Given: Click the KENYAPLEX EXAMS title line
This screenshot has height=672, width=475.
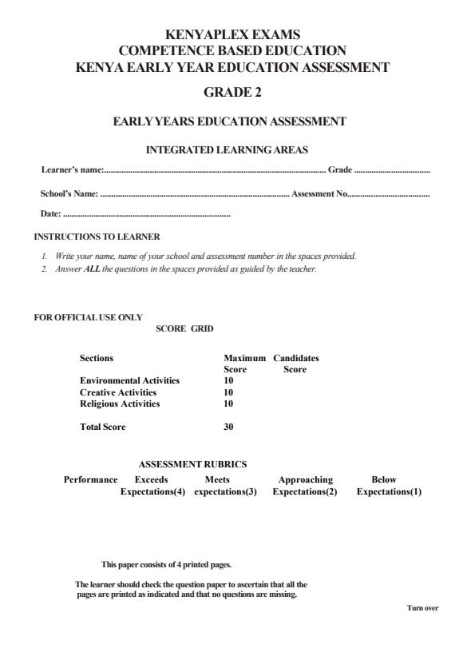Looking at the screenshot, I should [x=232, y=35].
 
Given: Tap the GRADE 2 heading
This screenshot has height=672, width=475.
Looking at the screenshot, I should [x=232, y=93].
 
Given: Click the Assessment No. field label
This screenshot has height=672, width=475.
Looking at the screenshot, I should [x=319, y=193].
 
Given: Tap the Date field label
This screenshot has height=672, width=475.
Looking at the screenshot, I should [x=50, y=214].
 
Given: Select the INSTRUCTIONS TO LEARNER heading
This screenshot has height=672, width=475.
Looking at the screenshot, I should [x=97, y=237].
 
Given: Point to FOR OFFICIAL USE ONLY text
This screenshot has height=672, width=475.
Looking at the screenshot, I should [x=88, y=317].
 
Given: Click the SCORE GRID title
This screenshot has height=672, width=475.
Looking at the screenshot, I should [x=184, y=328].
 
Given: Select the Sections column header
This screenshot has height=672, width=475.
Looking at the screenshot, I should [x=97, y=359].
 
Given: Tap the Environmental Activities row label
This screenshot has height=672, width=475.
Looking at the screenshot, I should [x=129, y=381].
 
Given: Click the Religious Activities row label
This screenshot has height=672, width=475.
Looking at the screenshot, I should [x=120, y=404].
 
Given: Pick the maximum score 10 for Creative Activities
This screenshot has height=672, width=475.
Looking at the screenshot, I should [x=228, y=392].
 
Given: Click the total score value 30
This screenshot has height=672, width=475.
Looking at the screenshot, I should [x=228, y=427].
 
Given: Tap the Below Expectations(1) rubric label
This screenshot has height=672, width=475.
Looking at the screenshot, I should [x=389, y=486].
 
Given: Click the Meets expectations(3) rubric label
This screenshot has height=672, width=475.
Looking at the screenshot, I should [x=225, y=486].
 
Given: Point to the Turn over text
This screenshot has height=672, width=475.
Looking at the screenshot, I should [x=422, y=608].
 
